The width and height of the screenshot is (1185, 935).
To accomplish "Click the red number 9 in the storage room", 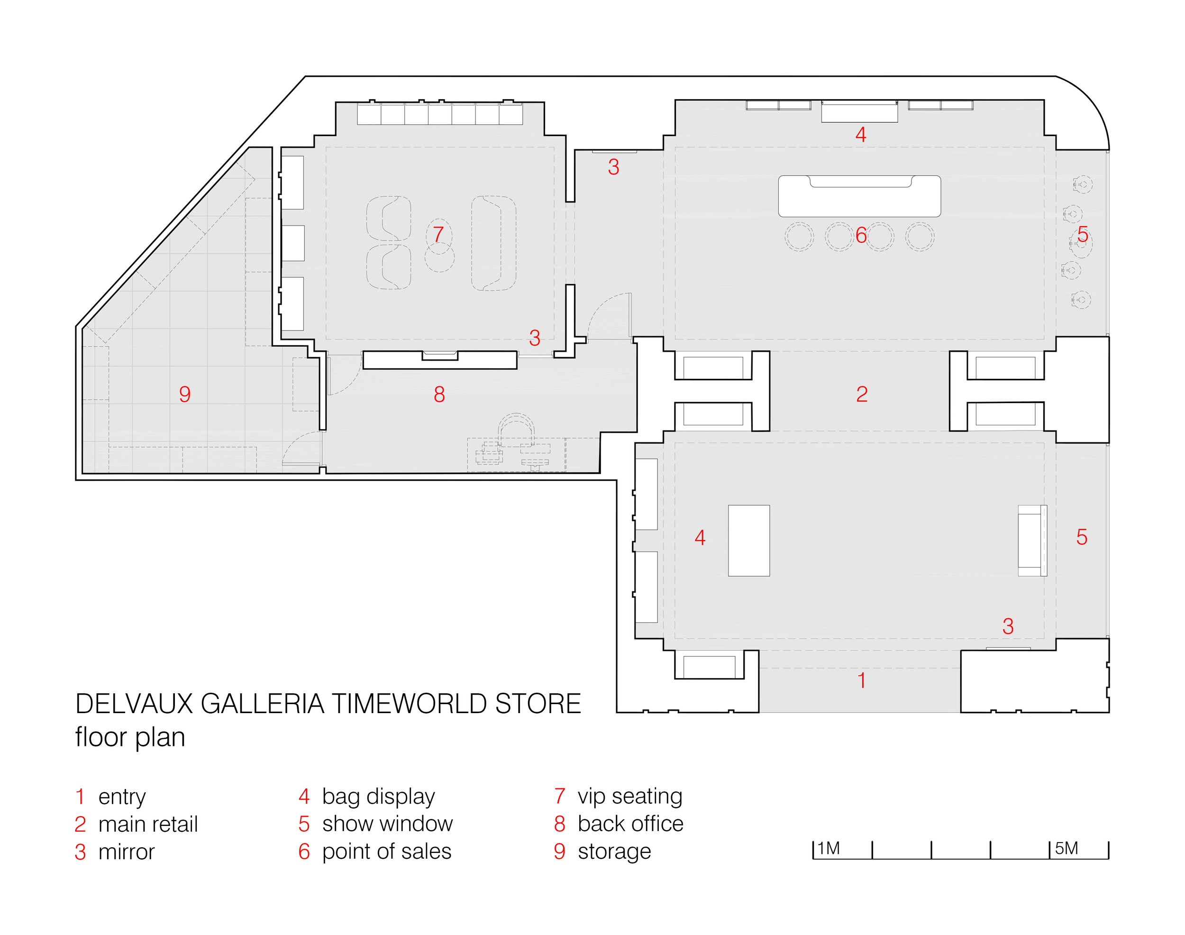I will coord(185,394).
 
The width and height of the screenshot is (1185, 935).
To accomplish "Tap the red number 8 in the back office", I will coord(439,394).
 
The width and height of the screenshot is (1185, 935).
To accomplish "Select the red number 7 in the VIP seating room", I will coord(438,235).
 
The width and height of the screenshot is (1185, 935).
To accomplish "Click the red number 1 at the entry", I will coord(862,680).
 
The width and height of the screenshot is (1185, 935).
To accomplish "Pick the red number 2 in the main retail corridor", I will coord(862,394).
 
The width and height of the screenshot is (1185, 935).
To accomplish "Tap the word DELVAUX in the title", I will coord(134,704).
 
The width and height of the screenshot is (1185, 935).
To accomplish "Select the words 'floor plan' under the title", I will coord(130,737).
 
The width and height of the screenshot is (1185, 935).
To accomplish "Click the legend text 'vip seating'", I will coord(629,796).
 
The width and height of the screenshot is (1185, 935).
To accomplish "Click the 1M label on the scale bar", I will coord(829,849).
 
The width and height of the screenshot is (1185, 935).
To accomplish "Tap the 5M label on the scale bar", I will coord(1066,849).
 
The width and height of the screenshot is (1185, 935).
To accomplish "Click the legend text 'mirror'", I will coord(127,852).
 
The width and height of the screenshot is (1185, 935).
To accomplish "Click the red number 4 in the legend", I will coord(304,797).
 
